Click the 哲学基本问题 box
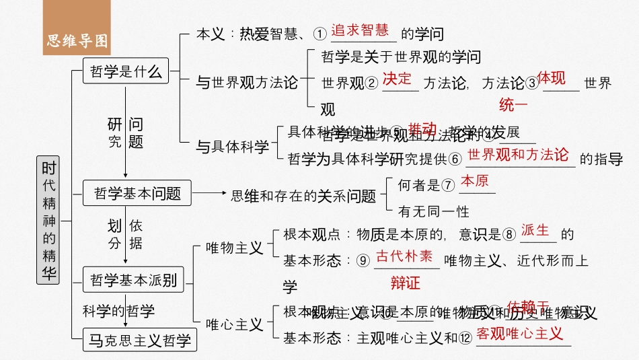point(137,194)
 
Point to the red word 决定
point(397,78)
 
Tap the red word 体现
point(551,78)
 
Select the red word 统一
point(513,105)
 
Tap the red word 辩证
point(405,283)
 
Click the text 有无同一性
point(433,212)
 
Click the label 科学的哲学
point(118,311)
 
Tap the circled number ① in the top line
point(320,34)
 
